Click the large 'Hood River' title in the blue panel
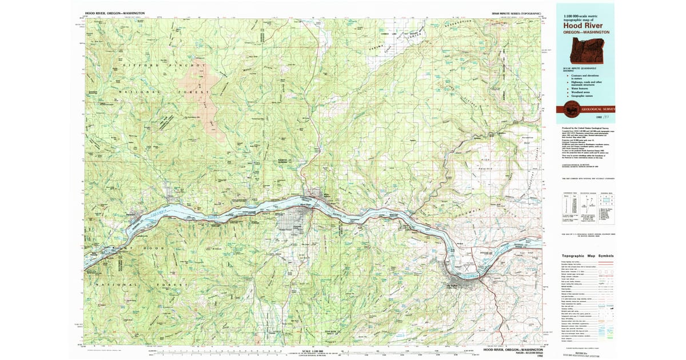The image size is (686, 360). click(x=584, y=25)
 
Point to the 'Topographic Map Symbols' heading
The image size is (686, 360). click(x=588, y=257)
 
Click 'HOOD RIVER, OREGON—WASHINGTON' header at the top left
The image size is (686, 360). click(x=115, y=12)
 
